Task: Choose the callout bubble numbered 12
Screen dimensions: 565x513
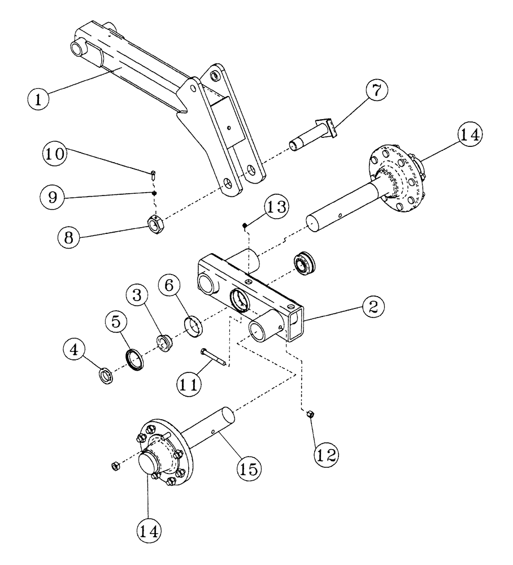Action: click(326, 451)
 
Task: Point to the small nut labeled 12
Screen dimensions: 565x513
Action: click(310, 415)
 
